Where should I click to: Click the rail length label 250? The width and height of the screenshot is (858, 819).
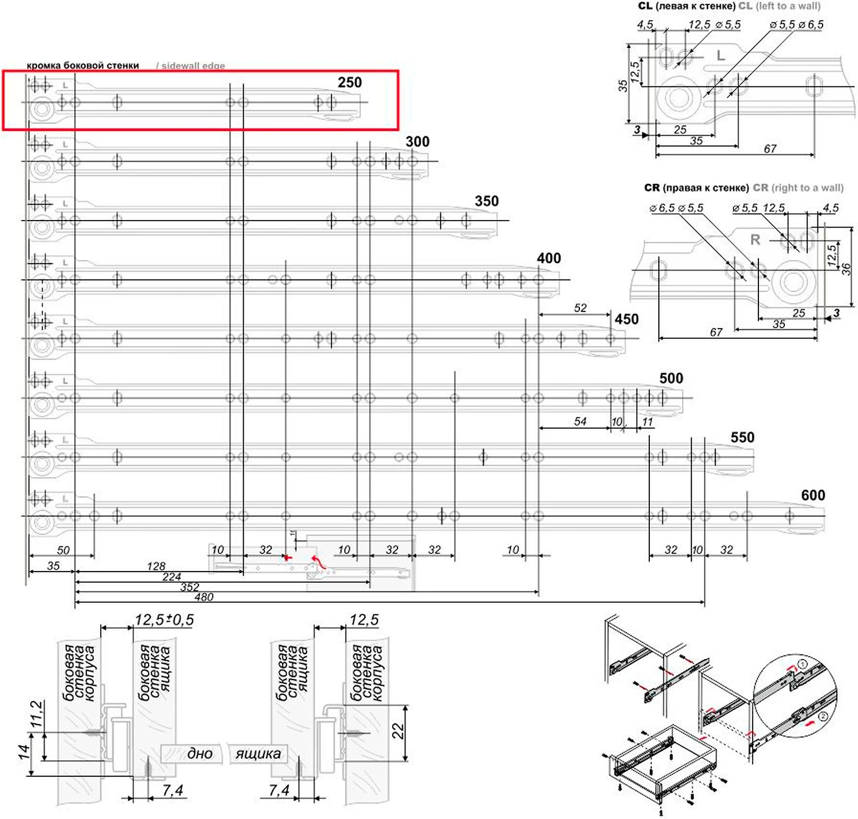349,82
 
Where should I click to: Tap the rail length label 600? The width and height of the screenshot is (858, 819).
813,496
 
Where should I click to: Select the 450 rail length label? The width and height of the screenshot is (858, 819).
626,319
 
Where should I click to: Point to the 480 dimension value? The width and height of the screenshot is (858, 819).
204,597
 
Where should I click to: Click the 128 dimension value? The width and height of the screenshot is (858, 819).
156,566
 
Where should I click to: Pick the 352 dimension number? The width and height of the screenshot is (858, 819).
190,587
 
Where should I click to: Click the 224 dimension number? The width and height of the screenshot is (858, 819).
172,577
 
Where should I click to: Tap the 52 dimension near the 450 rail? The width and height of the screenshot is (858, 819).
580,308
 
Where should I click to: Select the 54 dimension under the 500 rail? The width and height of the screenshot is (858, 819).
580,421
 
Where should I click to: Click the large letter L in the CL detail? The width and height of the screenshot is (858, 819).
721,56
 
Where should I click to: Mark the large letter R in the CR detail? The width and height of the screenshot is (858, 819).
756,240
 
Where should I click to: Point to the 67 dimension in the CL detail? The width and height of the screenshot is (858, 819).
770,149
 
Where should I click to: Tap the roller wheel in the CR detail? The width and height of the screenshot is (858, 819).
794,281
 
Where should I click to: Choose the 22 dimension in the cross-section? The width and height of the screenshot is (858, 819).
398,731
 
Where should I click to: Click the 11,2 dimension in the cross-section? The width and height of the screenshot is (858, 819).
37,714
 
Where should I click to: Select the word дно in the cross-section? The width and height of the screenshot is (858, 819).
200,754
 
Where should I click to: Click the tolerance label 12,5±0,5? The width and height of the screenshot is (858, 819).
164,620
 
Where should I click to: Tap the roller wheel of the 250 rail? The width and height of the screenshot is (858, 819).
41,109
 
